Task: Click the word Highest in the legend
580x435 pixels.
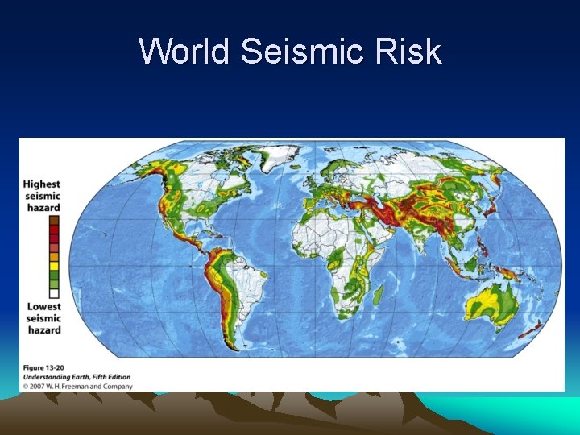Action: (41, 184)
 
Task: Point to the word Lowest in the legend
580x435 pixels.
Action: (43, 307)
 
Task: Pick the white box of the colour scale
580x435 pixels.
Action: (54, 293)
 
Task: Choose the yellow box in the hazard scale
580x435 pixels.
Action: (54, 263)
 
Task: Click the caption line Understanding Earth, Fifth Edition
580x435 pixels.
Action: (76, 377)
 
